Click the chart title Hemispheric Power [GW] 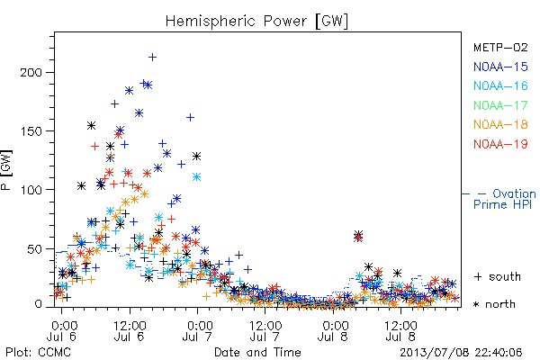(x=256, y=21)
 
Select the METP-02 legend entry (x=500, y=47)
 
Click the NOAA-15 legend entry (x=500, y=67)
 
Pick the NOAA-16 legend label (x=500, y=85)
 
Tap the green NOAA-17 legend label (x=500, y=105)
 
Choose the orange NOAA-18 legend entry (x=500, y=124)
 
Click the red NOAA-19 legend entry (x=500, y=144)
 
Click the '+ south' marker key (x=498, y=276)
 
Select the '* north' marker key (x=494, y=304)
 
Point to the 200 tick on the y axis (x=31, y=73)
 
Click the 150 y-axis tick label (x=31, y=131)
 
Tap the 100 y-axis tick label (x=31, y=190)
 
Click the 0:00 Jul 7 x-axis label (x=198, y=330)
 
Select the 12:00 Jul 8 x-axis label (x=400, y=330)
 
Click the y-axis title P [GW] (x=6, y=170)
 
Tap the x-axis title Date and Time (x=257, y=353)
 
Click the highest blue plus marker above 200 (x=152, y=58)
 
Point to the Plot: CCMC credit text (x=38, y=353)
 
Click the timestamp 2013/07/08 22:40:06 (x=461, y=353)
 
